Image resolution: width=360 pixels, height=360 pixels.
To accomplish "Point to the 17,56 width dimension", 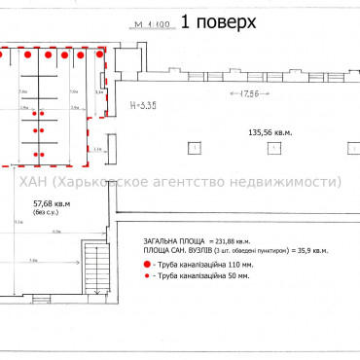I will (x=240, y=93).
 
